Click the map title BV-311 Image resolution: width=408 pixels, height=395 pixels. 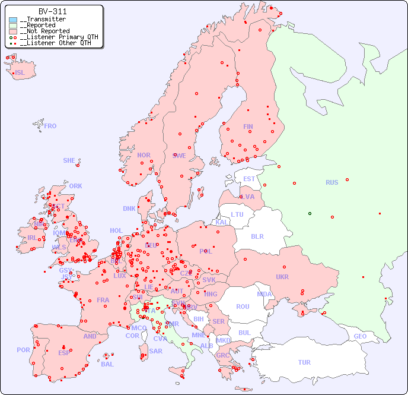[x=52, y=11]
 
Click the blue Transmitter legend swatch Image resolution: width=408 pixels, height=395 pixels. [x=13, y=19]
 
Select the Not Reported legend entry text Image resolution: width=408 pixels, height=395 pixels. [x=44, y=31]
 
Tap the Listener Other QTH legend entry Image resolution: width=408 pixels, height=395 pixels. [x=55, y=43]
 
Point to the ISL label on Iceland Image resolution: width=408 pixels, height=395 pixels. [x=20, y=73]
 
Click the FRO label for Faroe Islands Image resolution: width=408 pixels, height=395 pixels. [x=50, y=126]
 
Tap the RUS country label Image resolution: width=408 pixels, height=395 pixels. [x=332, y=182]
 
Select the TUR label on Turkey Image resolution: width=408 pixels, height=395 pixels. [x=304, y=362]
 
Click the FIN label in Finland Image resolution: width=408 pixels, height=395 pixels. [x=248, y=127]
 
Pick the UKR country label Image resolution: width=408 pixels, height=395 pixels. [x=282, y=277]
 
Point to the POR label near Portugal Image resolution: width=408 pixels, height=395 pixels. [x=23, y=350]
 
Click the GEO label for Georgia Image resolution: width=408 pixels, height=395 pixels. [x=360, y=336]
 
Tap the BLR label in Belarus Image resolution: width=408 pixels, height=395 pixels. [x=257, y=236]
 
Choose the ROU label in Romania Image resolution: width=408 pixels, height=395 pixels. [x=243, y=306]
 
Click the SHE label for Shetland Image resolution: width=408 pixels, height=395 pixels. [x=69, y=160]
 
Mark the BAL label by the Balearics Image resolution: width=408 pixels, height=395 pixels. [x=107, y=364]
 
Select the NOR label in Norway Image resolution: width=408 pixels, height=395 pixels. [x=144, y=155]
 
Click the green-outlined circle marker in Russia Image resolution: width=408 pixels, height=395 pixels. [x=310, y=213]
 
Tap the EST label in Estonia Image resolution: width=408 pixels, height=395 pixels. [x=249, y=179]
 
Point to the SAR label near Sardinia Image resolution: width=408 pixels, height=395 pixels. [x=155, y=351]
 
